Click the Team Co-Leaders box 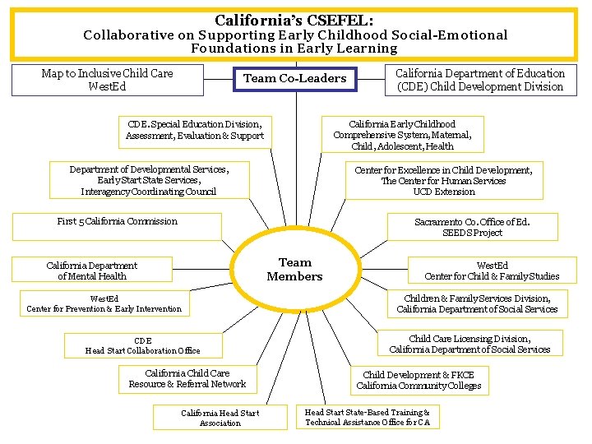click(295, 79)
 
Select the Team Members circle click(294, 270)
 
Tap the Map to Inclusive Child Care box click(107, 80)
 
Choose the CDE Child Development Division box click(480, 80)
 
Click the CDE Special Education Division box click(195, 130)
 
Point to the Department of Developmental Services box click(149, 180)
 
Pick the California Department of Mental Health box click(92, 271)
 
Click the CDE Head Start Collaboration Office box click(143, 345)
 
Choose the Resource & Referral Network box click(187, 378)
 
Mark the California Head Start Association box click(220, 418)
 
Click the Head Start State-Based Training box click(368, 417)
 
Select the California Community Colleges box click(419, 380)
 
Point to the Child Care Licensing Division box click(469, 344)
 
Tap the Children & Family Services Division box click(477, 303)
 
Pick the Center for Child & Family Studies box click(492, 271)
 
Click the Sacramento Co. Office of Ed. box click(472, 227)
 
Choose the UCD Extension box click(443, 181)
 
